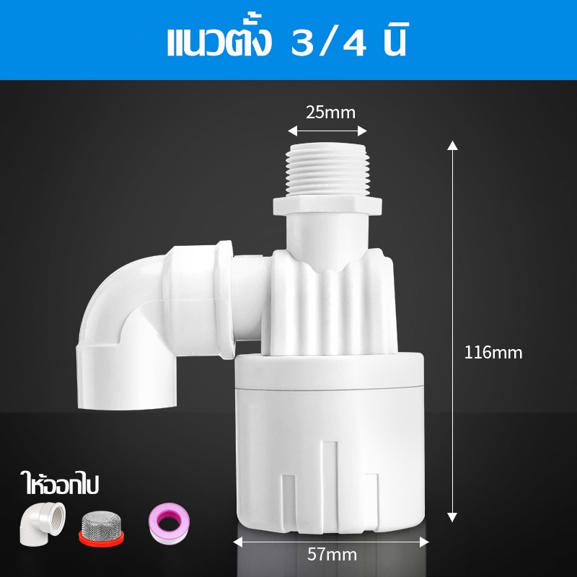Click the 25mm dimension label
tap(330, 113)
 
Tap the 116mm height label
tap(493, 353)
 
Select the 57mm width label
tap(332, 555)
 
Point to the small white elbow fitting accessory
tap(42, 524)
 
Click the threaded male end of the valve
tap(327, 169)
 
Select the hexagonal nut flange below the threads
tap(327, 206)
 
